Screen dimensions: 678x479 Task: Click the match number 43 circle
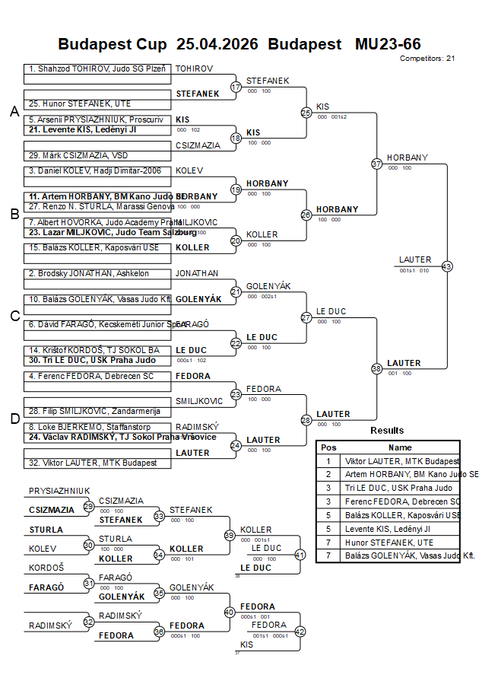pyautogui.click(x=446, y=266)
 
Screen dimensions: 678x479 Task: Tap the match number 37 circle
pyautogui.click(x=376, y=164)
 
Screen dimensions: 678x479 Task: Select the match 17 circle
pyautogui.click(x=236, y=87)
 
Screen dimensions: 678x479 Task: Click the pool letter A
pyautogui.click(x=14, y=112)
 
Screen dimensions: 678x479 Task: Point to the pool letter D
pyautogui.click(x=14, y=418)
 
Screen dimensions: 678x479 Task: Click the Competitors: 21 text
pyautogui.click(x=427, y=58)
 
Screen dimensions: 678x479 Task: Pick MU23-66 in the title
pyautogui.click(x=388, y=44)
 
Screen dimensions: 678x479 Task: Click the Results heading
pyautogui.click(x=387, y=431)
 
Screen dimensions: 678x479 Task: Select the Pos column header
pyautogui.click(x=328, y=447)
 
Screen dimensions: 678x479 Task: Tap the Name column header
pyautogui.click(x=400, y=447)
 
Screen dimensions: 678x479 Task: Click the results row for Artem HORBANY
pyautogui.click(x=401, y=474)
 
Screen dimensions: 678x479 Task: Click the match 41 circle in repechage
pyautogui.click(x=300, y=555)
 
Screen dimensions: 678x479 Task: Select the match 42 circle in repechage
pyautogui.click(x=300, y=631)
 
